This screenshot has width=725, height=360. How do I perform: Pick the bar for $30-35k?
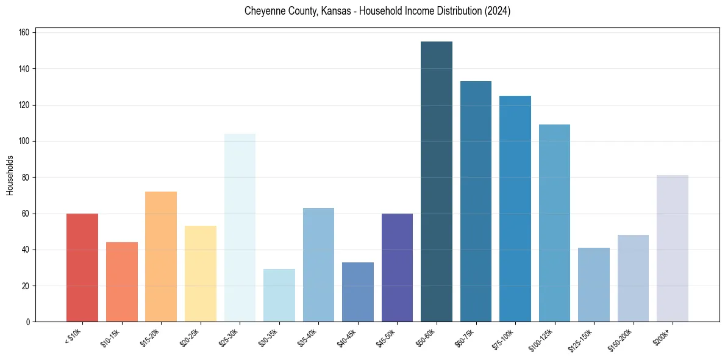click(279, 295)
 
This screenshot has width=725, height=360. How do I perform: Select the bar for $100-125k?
click(554, 223)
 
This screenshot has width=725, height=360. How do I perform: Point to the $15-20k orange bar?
click(161, 256)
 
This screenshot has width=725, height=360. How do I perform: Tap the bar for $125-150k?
click(594, 284)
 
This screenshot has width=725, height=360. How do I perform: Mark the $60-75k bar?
click(476, 201)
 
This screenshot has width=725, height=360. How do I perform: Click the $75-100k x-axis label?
click(504, 339)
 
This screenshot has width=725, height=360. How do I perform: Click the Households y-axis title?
click(10, 175)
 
